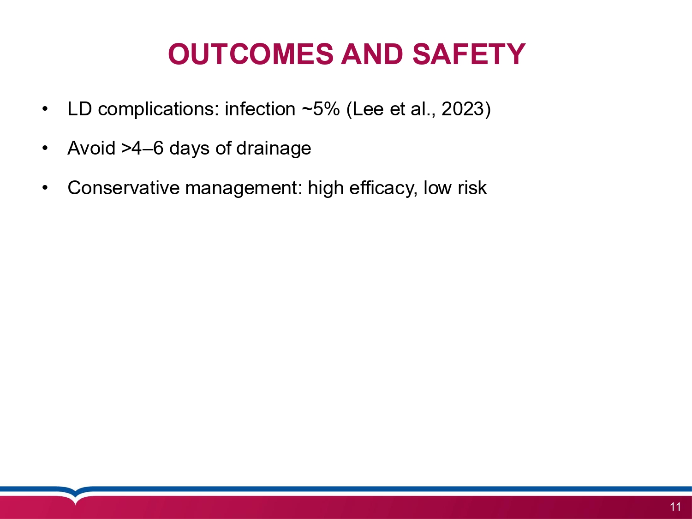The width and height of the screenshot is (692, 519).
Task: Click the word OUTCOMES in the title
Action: coord(251,54)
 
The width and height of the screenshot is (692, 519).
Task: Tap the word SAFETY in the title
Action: coord(469,54)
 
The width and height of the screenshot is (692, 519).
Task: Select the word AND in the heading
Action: coord(372,54)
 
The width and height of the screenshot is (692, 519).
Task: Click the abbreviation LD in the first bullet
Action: coord(79,109)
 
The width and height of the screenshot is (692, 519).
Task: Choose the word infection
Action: coord(260,109)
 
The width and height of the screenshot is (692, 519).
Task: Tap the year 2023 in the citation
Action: coord(462,109)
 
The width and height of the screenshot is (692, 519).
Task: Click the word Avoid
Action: coord(91,148)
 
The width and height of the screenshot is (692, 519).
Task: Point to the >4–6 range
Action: coord(143,148)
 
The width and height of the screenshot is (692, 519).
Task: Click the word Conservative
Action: coord(123,188)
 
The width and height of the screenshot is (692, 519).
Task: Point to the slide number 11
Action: coord(675,507)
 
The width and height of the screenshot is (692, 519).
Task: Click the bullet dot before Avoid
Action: coord(45,148)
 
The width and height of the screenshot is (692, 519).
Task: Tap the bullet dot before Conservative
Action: coord(45,187)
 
